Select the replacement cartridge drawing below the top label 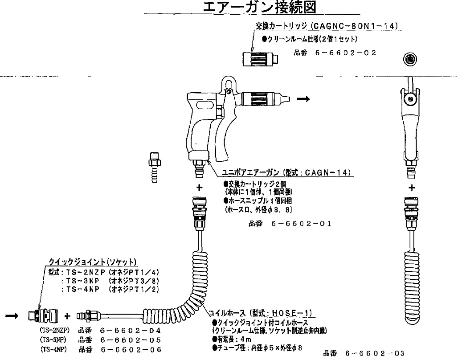pyautogui.click(x=259, y=59)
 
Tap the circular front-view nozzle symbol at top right pyautogui.click(x=409, y=59)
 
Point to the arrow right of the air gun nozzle pyautogui.click(x=303, y=99)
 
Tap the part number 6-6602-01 pyautogui.click(x=301, y=224)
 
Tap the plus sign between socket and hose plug pyautogui.click(x=67, y=316)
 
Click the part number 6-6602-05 pyautogui.click(x=131, y=340)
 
